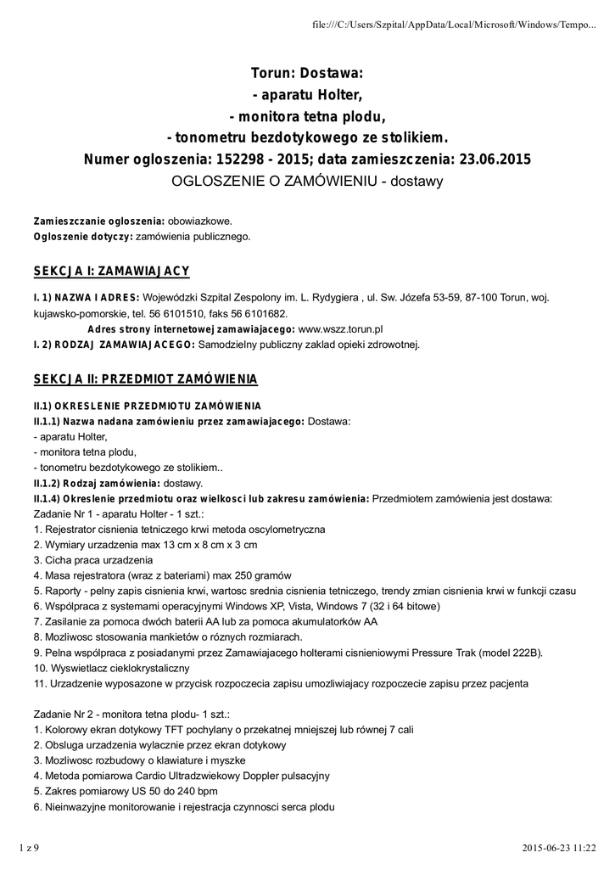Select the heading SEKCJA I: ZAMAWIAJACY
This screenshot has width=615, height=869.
point(111,271)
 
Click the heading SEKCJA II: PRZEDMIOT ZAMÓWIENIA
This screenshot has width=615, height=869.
point(145,378)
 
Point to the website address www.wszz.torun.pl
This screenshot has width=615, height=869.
point(341,328)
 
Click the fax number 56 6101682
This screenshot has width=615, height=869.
point(259,312)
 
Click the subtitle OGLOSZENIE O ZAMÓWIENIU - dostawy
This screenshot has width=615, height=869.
point(307,182)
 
